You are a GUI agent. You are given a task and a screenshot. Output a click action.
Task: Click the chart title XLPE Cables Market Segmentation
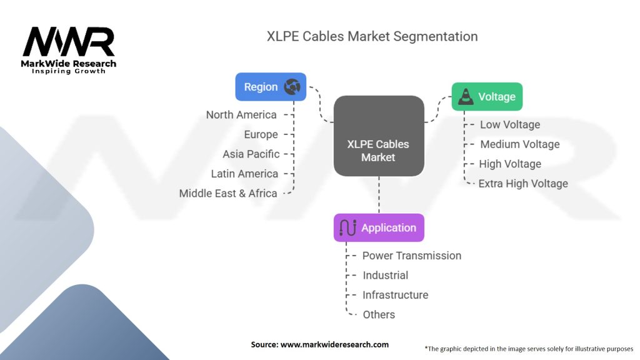coord(372,36)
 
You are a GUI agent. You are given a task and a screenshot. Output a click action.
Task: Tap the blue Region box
coord(270,87)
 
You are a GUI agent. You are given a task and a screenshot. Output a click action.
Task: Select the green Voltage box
coord(486,97)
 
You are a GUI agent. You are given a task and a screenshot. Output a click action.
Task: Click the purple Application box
coord(379,227)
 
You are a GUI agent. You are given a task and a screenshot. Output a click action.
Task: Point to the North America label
coord(241,114)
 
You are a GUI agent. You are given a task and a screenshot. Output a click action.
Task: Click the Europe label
coord(261,134)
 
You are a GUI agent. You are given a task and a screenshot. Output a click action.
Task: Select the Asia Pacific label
coord(251,154)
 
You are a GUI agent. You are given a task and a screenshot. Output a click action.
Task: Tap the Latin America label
coord(244,173)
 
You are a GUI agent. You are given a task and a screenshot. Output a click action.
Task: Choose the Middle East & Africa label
coord(228,193)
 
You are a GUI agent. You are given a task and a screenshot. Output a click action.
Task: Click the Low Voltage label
coord(509,124)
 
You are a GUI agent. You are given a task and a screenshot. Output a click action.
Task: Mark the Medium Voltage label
coord(519,144)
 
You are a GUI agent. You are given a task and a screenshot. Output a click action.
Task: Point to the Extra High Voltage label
coord(523,183)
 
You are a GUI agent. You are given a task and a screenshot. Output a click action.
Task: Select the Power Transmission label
coord(412,255)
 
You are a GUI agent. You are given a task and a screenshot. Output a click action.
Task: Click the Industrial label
coord(385,275)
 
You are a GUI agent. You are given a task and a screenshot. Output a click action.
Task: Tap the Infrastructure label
coord(395,294)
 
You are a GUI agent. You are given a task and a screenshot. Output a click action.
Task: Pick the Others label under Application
coord(379,314)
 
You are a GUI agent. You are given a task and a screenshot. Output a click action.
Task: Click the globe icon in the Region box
coord(292,87)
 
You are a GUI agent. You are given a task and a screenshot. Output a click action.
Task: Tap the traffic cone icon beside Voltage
coord(466,97)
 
